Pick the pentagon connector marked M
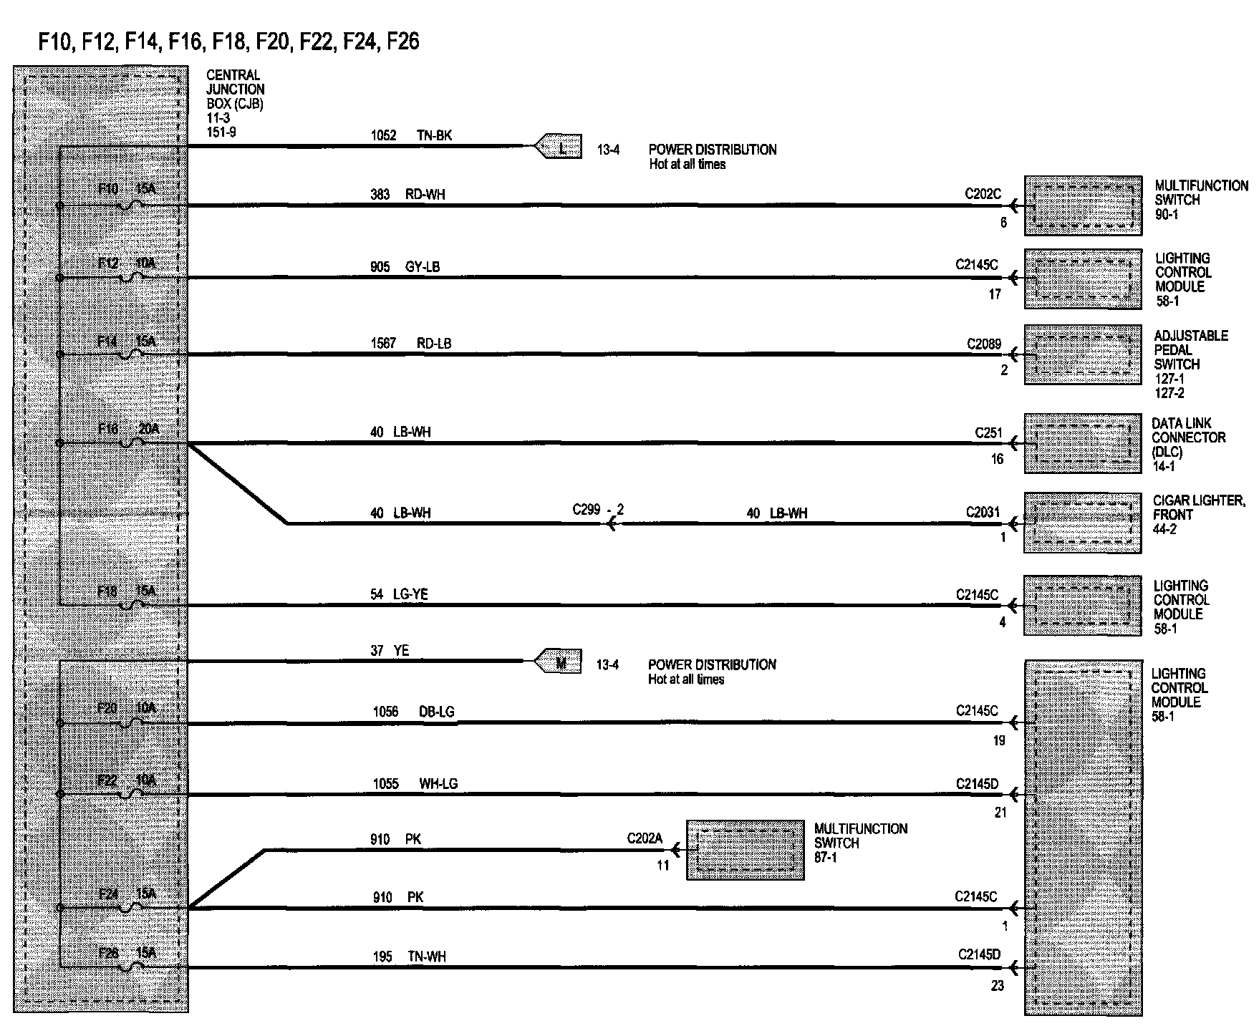coord(559,662)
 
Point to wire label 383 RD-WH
coord(407,194)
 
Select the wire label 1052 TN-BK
coord(411,135)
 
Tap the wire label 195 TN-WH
coord(409,957)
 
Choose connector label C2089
coord(983,344)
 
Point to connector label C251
coord(988,433)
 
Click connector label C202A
coord(645,838)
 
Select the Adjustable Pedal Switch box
coord(1082,354)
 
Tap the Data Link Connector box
coord(1082,442)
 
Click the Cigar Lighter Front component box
coord(1082,523)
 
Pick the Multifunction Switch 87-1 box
coord(745,850)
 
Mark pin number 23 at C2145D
coord(997,986)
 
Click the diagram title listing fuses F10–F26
coord(229,42)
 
